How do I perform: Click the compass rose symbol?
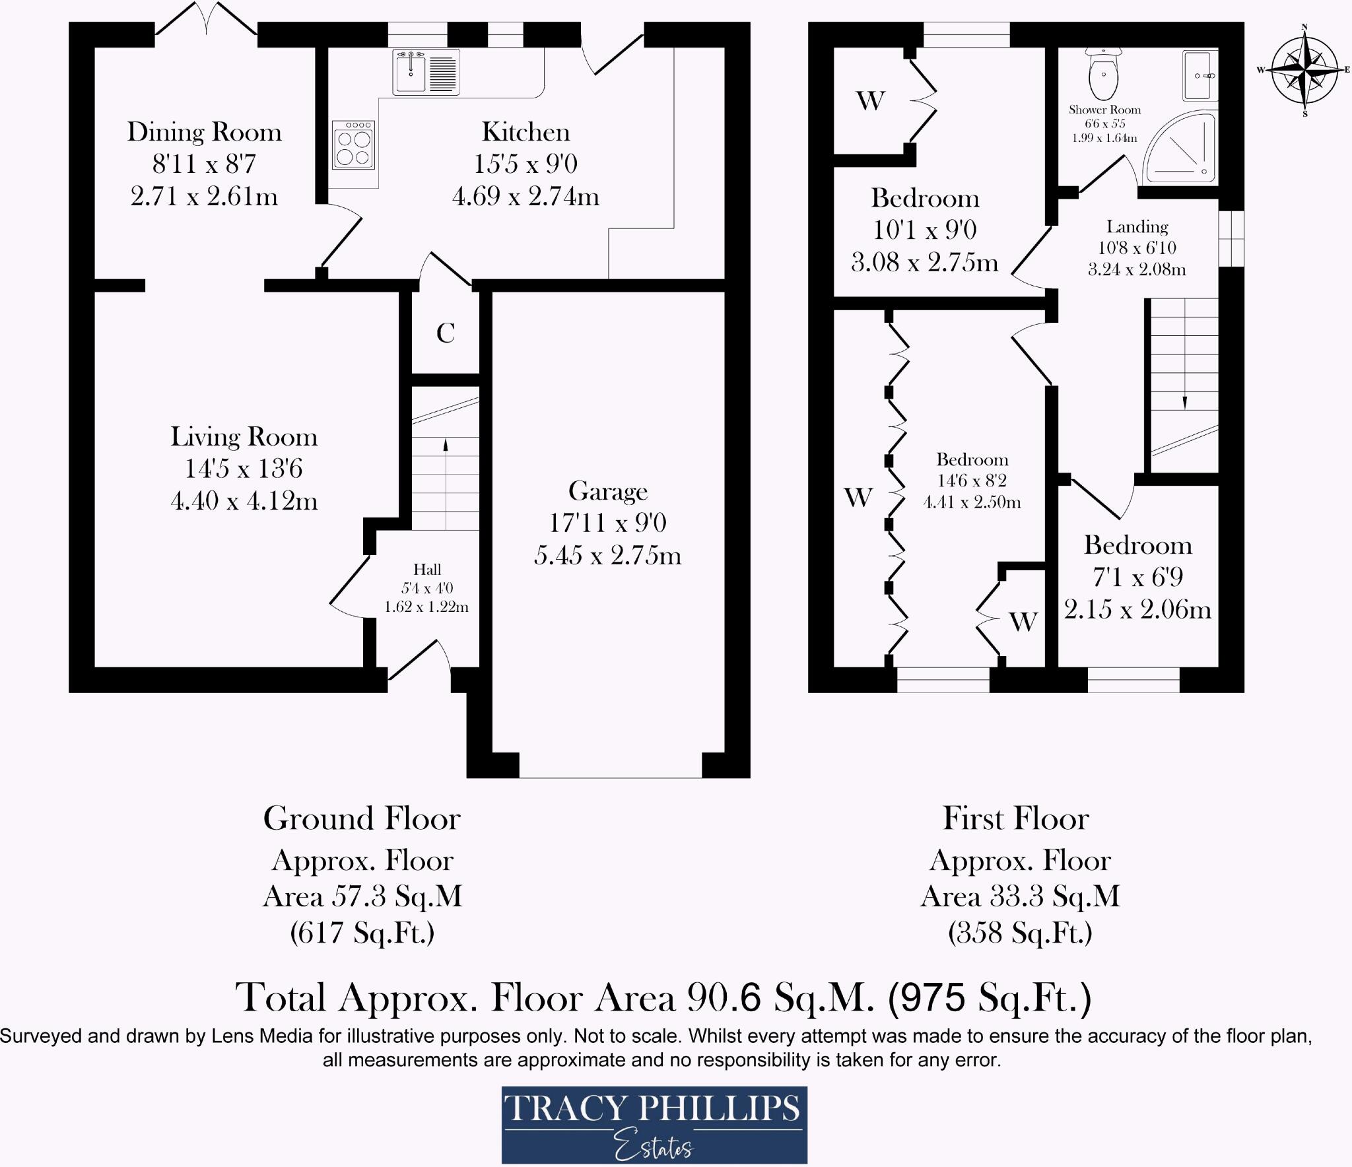[1304, 69]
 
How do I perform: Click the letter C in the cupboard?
[446, 333]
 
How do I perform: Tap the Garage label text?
[607, 491]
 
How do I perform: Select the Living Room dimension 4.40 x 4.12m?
[244, 501]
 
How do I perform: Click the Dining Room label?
[204, 132]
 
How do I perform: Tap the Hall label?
[427, 569]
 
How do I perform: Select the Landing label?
[1137, 227]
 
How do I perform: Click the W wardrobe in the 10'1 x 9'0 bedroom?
[870, 101]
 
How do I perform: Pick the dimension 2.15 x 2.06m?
[1137, 609]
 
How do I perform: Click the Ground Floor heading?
[362, 819]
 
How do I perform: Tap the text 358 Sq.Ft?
[1020, 933]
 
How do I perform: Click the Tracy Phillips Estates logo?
[654, 1125]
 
